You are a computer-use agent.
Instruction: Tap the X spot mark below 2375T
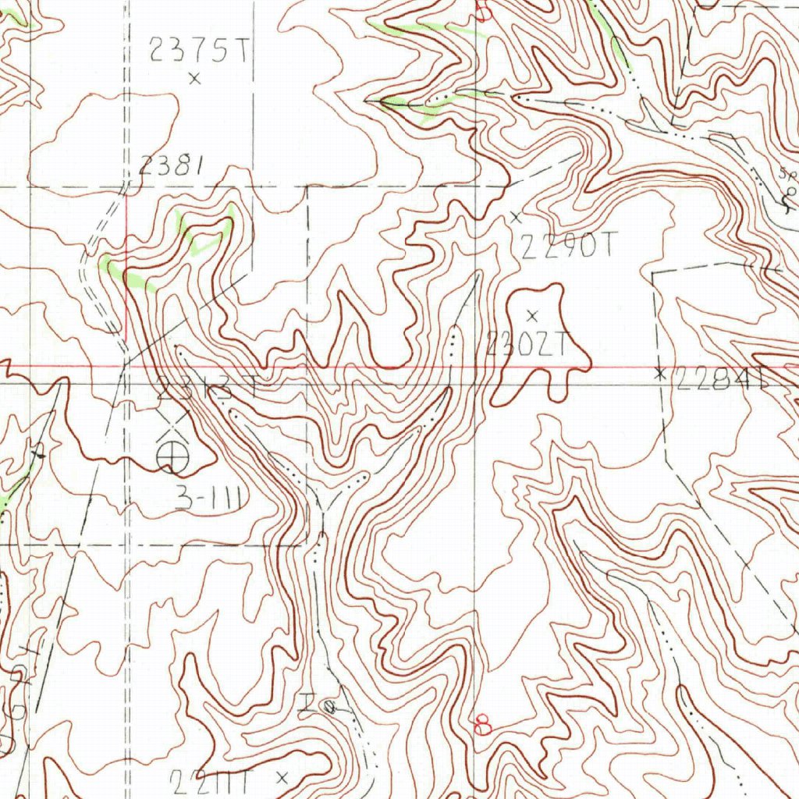(x=194, y=77)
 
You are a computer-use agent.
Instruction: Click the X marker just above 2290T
(x=515, y=217)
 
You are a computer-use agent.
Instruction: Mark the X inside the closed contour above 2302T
(x=533, y=315)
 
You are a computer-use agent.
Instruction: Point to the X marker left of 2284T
(x=660, y=374)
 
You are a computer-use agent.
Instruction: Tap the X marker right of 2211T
(x=282, y=776)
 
